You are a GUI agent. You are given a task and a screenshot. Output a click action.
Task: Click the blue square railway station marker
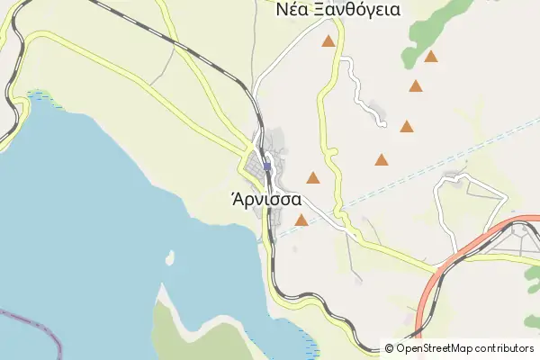coord(267,166)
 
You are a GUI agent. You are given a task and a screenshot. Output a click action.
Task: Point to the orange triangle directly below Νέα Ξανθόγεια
coord(328,41)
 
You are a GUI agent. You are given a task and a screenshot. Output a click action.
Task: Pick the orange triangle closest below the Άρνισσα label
coord(301,220)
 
